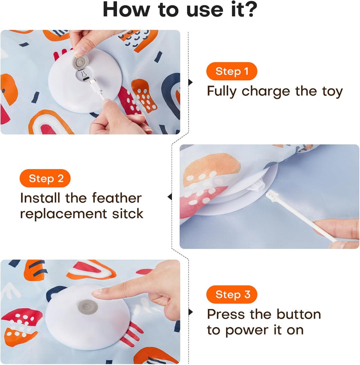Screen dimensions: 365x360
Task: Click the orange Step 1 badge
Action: pyautogui.click(x=231, y=71)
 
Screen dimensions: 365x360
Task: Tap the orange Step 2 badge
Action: pyautogui.click(x=45, y=178)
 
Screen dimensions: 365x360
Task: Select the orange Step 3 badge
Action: pyautogui.click(x=231, y=294)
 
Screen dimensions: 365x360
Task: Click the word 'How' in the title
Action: pyautogui.click(x=127, y=10)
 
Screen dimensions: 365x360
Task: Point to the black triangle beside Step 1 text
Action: pyautogui.click(x=190, y=82)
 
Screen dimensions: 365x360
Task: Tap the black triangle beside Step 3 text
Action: pyautogui.click(x=190, y=312)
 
